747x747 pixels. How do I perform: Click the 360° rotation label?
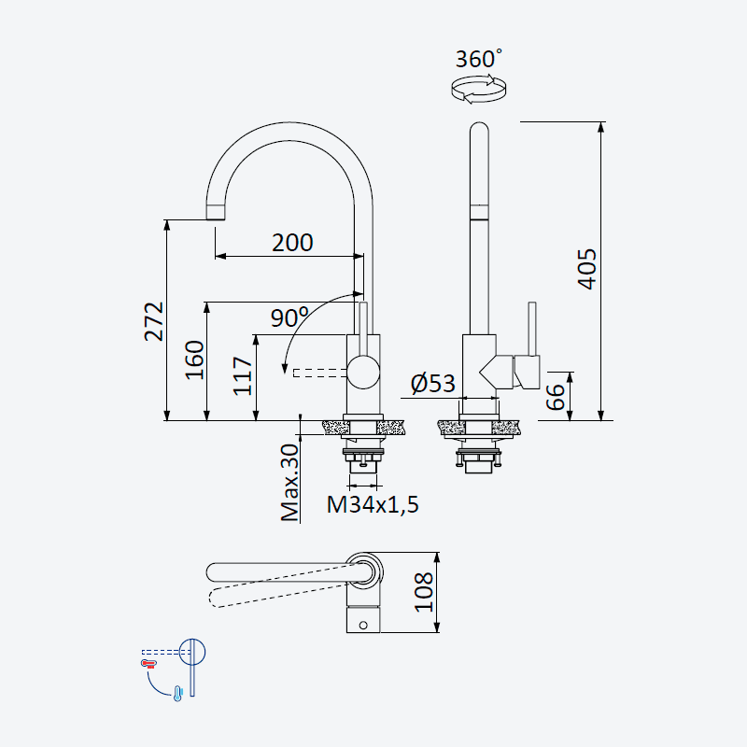pos(478,59)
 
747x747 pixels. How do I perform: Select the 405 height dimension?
pos(587,269)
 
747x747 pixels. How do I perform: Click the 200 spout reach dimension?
pos(292,243)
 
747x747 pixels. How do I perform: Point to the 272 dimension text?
pos(154,321)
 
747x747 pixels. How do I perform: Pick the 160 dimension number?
pos(194,359)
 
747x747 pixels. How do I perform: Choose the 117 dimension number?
pos(243,376)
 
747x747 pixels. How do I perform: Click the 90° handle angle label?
pos(289,317)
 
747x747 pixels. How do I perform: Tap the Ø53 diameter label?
pos(432,383)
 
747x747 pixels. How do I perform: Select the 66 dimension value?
pos(555,397)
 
